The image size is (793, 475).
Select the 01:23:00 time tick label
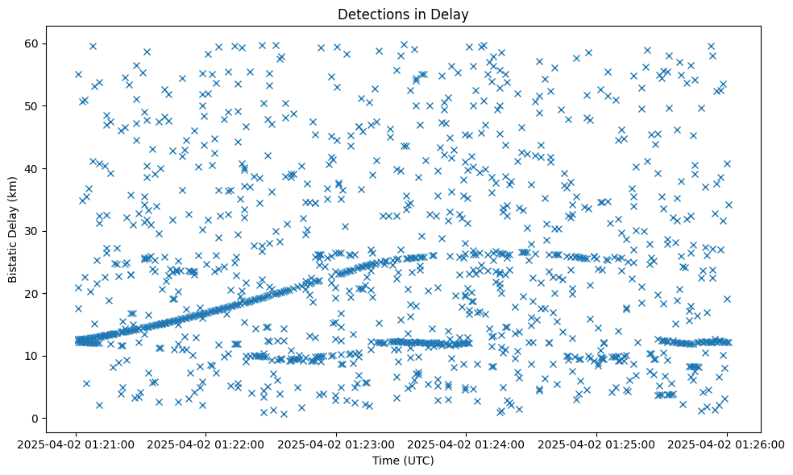[x=337, y=444]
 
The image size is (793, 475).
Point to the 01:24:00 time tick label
[x=467, y=444]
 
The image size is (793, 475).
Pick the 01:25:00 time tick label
[x=596, y=444]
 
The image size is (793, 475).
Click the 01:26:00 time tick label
[x=726, y=444]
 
